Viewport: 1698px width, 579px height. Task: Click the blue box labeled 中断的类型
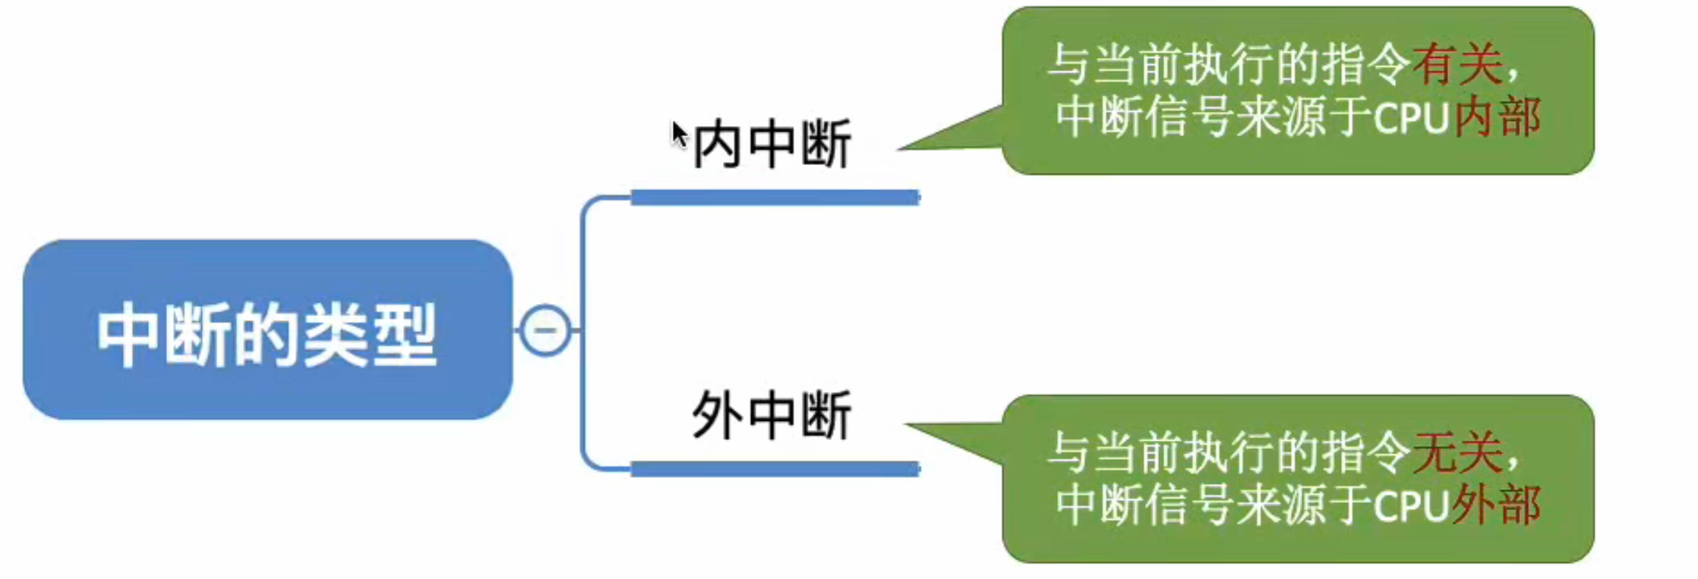tap(267, 331)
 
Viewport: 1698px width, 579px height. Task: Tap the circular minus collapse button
tap(544, 330)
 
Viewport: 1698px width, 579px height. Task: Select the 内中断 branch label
tap(772, 144)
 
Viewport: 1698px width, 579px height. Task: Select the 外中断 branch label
tap(772, 415)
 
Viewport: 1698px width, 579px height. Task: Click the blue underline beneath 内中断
tap(775, 198)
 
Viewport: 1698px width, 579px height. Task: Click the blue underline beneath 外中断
tap(775, 469)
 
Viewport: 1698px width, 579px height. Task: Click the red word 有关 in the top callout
tap(1457, 64)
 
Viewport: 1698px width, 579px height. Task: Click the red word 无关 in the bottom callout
tap(1457, 452)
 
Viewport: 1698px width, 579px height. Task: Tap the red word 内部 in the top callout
tap(1497, 117)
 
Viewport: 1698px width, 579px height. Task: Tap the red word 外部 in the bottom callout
tap(1497, 505)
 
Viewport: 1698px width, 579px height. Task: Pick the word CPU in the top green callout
tap(1411, 119)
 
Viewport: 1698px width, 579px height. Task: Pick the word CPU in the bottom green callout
tap(1411, 506)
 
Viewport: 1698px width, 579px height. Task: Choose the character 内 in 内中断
tap(717, 144)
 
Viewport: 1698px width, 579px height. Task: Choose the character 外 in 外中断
tap(717, 415)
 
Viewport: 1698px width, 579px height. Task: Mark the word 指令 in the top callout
tap(1365, 64)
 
